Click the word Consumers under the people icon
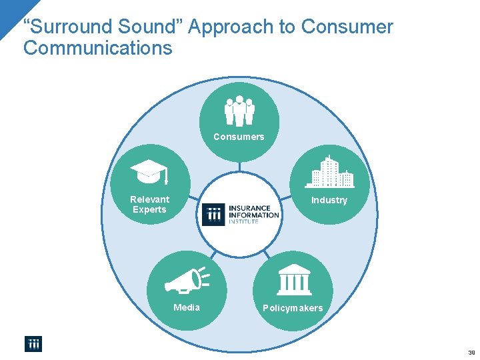point(239,137)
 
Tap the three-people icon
point(239,111)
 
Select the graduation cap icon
point(149,171)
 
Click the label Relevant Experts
point(149,204)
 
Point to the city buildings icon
point(329,172)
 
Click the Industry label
point(329,200)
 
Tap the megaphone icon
point(186,281)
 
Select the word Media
point(187,307)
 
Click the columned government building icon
point(293,280)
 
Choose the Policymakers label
point(293,308)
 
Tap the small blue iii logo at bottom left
point(33,343)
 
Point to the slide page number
point(471,353)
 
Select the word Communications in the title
point(97,48)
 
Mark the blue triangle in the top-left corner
point(9,11)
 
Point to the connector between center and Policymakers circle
point(265,254)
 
